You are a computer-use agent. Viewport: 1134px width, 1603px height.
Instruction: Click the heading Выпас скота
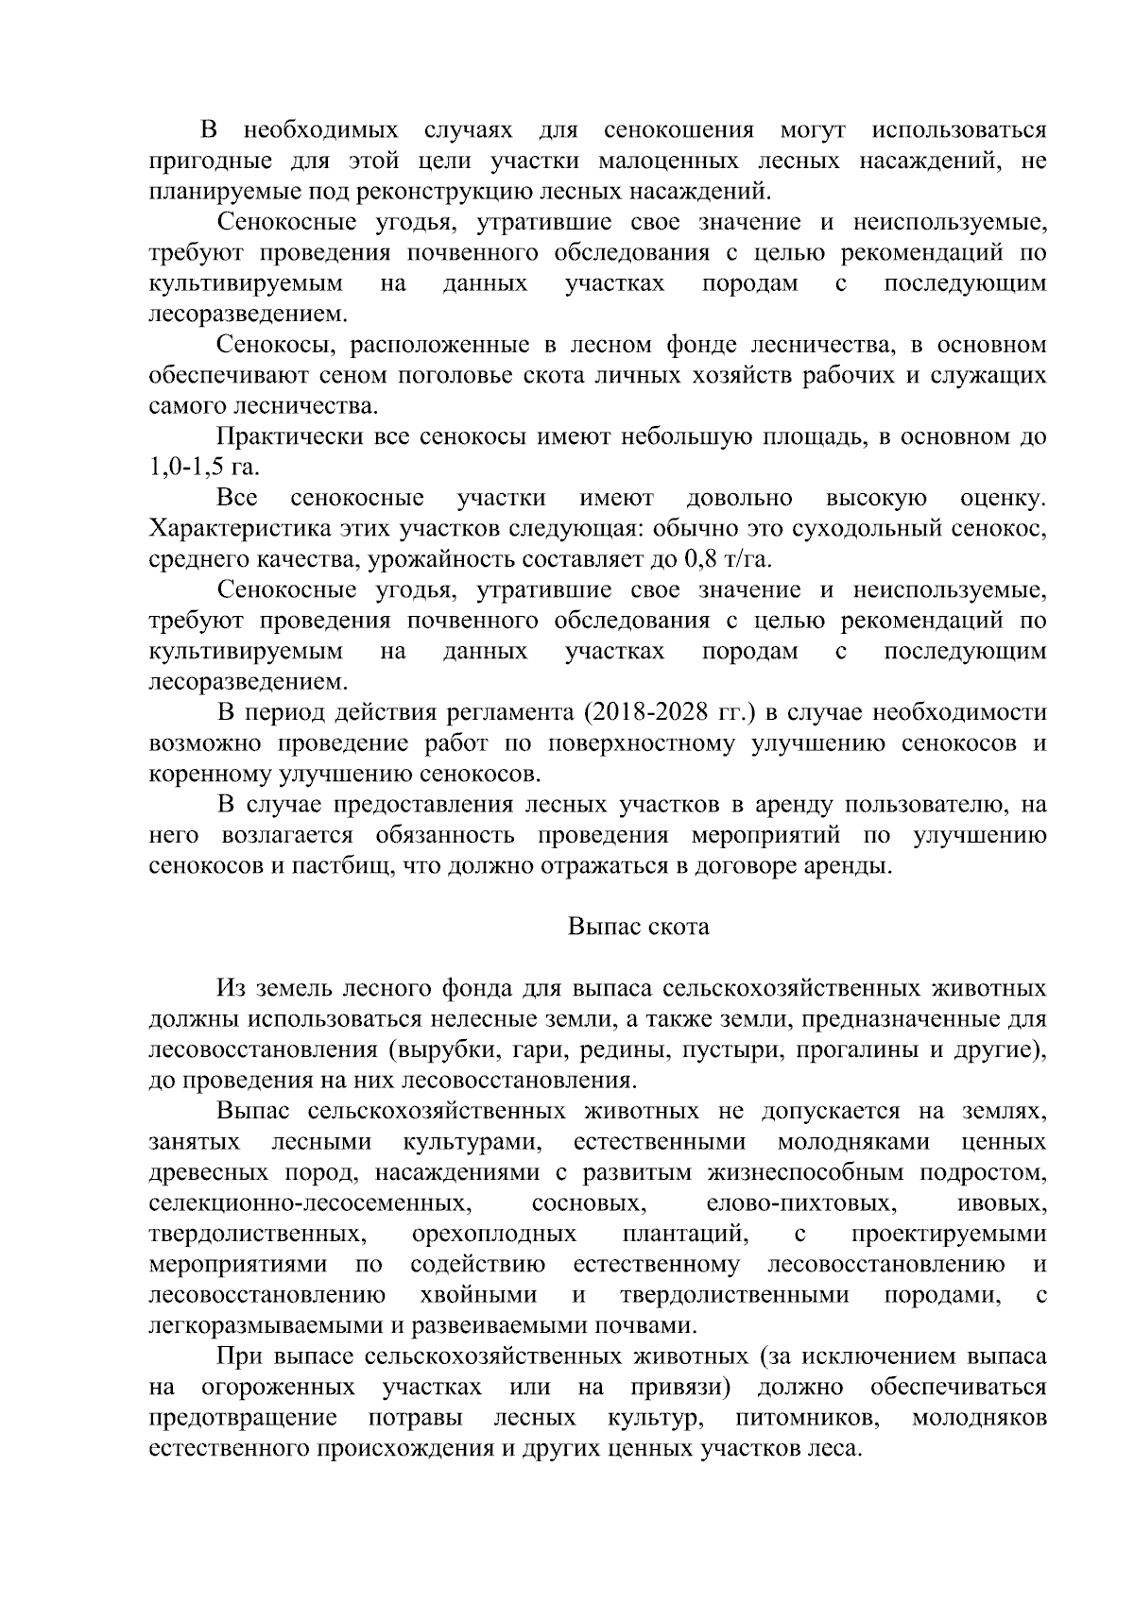click(x=638, y=927)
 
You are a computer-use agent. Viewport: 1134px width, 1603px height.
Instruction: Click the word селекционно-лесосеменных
click(x=309, y=1204)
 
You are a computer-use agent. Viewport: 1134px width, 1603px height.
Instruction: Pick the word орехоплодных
click(x=493, y=1235)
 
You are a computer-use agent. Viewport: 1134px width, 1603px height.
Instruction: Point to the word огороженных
click(x=279, y=1388)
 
